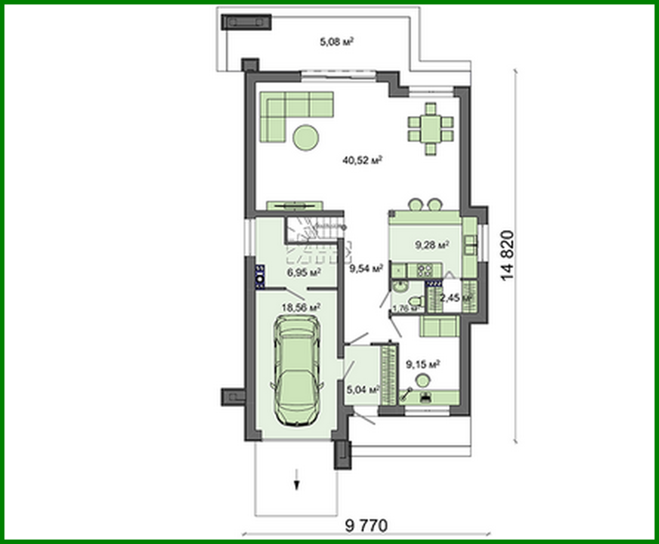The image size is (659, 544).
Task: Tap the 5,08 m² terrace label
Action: (x=336, y=42)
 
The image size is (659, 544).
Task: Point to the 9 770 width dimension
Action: (x=366, y=526)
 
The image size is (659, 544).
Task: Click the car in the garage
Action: (x=297, y=370)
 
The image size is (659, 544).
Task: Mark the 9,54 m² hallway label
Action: (x=366, y=269)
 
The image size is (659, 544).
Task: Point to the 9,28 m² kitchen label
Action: (x=432, y=245)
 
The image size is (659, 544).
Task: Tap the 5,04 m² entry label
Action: (x=363, y=390)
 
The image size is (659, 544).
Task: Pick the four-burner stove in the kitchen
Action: (x=424, y=271)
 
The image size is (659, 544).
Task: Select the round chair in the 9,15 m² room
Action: (x=423, y=381)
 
